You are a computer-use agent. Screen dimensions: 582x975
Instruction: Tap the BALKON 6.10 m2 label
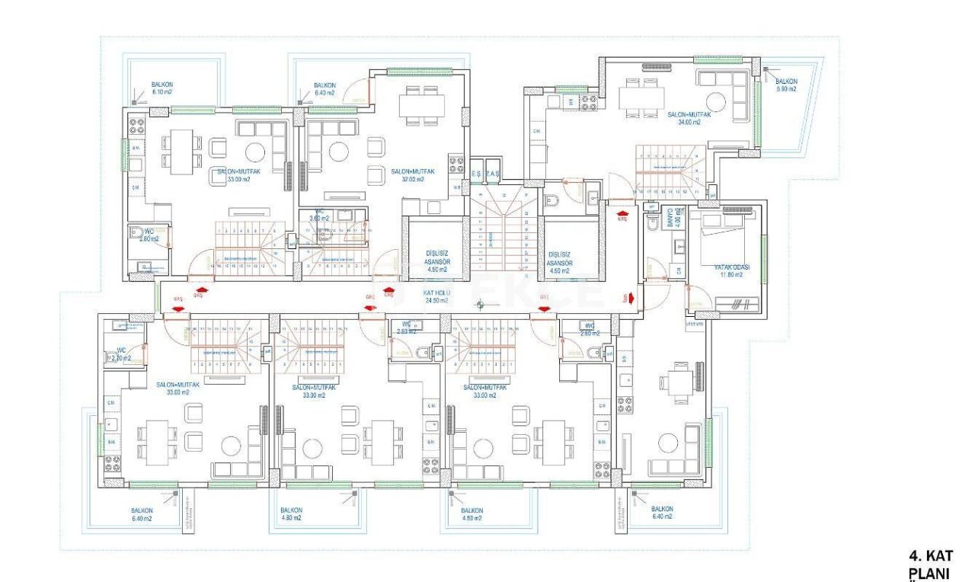(x=162, y=88)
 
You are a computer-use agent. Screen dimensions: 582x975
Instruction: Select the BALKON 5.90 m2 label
(x=786, y=85)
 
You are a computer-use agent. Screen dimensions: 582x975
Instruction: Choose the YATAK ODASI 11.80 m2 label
(x=731, y=271)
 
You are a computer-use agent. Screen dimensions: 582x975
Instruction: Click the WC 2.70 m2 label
(x=120, y=354)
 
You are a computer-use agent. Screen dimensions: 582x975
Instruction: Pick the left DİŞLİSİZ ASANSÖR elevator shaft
(x=435, y=251)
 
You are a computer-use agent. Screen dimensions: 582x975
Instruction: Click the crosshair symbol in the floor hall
(x=480, y=305)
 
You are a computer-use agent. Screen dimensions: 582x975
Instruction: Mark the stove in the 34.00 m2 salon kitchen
(x=589, y=102)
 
